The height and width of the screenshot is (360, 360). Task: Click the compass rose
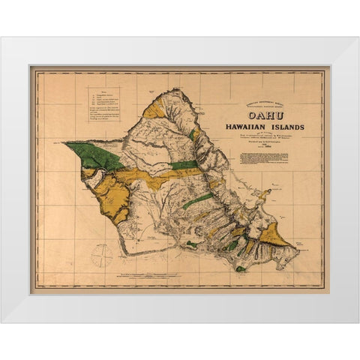pos(101,256)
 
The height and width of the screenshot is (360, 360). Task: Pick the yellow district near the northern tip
pos(154,109)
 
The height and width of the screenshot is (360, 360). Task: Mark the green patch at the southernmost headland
pos(240,268)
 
